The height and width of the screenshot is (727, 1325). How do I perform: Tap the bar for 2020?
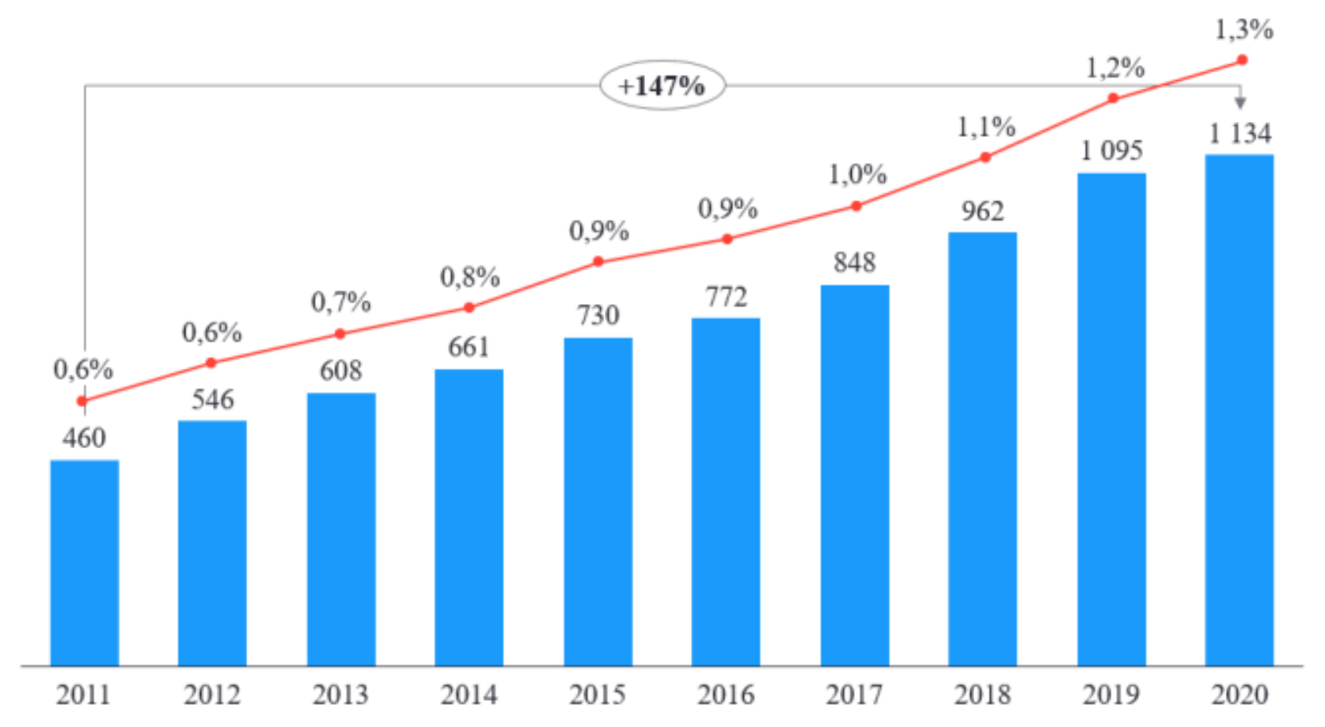(1239, 409)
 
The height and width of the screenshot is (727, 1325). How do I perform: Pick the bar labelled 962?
(982, 448)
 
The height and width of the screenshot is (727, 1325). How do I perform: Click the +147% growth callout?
(662, 85)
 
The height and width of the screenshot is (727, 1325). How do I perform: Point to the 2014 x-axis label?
(469, 695)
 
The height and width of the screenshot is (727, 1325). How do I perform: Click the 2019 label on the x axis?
(1111, 695)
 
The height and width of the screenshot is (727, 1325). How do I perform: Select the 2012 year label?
(212, 695)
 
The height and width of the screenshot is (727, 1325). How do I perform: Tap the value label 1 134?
(1240, 133)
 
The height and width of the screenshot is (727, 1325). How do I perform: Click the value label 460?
(84, 437)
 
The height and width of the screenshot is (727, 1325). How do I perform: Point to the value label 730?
(598, 315)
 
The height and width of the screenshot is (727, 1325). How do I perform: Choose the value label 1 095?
(1111, 150)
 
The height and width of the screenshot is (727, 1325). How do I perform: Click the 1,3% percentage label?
(1243, 30)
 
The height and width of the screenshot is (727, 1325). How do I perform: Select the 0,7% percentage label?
(340, 302)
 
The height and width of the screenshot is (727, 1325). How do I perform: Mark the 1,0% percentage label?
(857, 174)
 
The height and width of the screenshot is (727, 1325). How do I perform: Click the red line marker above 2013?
(340, 334)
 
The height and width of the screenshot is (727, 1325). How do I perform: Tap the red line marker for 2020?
(1242, 60)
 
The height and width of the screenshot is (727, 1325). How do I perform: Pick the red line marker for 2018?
(985, 158)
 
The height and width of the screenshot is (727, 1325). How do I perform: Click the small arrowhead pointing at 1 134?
(1240, 103)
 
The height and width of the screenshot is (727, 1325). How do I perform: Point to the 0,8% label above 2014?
(469, 277)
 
